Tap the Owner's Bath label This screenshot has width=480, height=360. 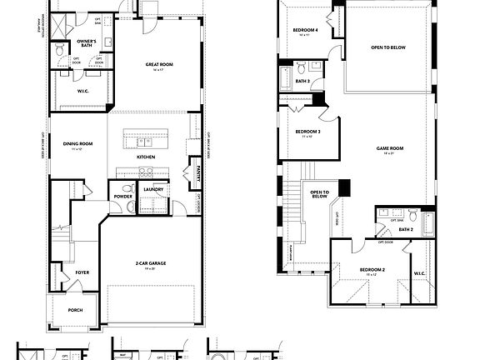[x=86, y=41]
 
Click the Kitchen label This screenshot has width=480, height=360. [x=146, y=157]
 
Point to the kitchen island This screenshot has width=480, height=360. [x=147, y=137]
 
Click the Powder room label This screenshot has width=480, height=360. [x=122, y=197]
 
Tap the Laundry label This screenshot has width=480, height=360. [x=152, y=189]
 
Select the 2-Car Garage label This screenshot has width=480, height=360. [x=152, y=263]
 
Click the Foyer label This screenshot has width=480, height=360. [x=82, y=272]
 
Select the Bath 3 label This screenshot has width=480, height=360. [x=303, y=81]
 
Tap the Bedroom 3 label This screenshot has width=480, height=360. [x=307, y=132]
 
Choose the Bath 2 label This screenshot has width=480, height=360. [x=406, y=228]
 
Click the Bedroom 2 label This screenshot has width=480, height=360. [x=372, y=270]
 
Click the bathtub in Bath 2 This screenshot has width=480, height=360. [x=428, y=222]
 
